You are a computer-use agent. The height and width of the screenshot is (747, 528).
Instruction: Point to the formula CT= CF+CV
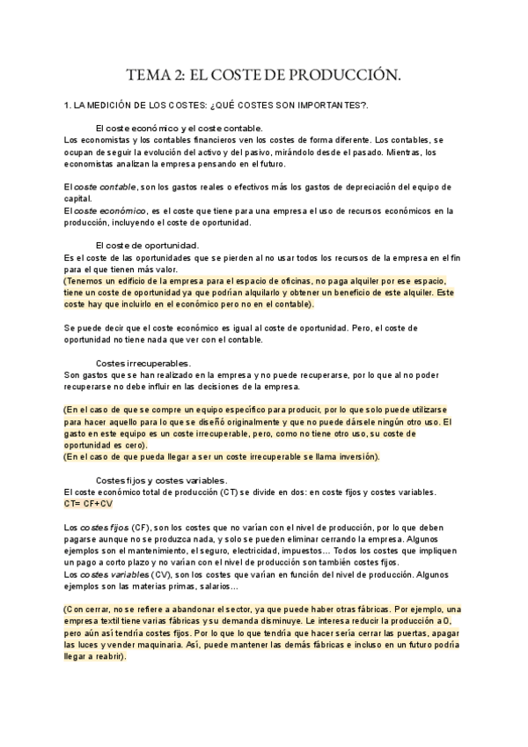click(89, 503)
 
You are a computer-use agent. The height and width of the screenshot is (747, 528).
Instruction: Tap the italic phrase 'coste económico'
click(109, 211)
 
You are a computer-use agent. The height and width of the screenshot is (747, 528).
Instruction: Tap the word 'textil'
click(121, 621)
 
